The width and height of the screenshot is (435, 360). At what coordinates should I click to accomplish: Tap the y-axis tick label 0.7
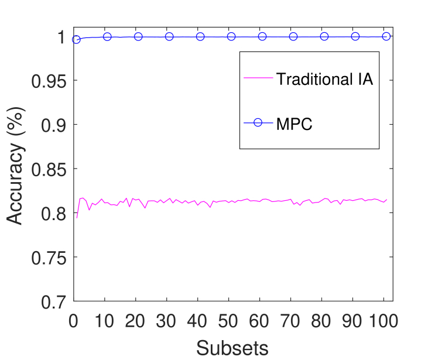click(56, 301)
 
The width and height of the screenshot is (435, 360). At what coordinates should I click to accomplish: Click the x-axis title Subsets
click(232, 347)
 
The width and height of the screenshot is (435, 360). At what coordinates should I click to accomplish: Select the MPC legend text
click(294, 124)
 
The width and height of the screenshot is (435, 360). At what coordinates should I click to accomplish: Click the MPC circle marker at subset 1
click(77, 40)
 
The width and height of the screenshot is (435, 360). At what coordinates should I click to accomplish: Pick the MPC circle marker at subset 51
click(231, 36)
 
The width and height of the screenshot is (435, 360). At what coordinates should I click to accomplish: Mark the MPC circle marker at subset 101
click(386, 36)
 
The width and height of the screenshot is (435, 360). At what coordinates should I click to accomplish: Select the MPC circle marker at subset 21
click(138, 36)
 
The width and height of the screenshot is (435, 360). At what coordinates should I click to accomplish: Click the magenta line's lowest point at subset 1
click(77, 218)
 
